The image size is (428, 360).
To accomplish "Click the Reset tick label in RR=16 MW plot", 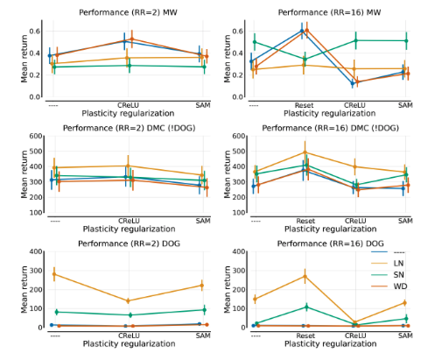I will pos(304,104).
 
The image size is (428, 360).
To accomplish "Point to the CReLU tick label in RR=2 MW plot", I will pos(128,104).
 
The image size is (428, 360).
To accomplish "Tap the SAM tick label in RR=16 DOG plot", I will pos(404,335).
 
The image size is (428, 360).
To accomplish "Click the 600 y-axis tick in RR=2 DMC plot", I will pos(35,137).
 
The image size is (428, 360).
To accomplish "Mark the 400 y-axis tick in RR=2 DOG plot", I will pos(35,252).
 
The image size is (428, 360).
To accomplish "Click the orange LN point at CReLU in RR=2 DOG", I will pos(129,300).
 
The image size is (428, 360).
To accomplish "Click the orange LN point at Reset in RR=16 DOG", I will pos(304,276).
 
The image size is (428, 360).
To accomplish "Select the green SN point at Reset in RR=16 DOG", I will pos(304,307).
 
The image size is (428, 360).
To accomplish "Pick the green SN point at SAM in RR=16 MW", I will pos(404,40).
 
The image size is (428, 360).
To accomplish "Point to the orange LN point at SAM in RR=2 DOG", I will pos(202,286).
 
